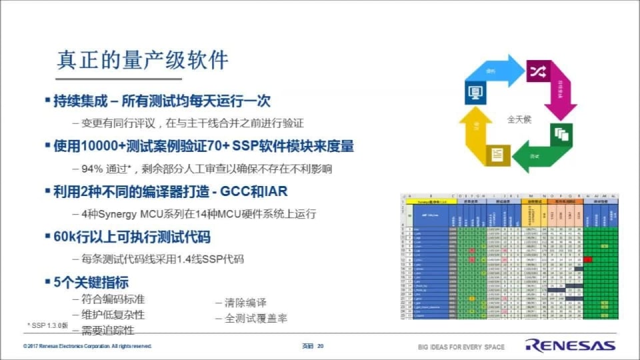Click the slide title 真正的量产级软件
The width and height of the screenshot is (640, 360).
click(x=143, y=60)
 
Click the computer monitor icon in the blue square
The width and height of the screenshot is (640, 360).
click(x=476, y=91)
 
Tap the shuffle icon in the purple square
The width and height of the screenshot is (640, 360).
click(x=537, y=70)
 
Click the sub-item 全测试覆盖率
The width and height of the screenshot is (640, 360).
click(x=257, y=319)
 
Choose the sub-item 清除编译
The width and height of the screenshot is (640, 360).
click(x=245, y=302)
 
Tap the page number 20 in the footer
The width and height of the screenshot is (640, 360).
click(x=320, y=347)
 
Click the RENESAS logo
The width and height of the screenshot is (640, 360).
click(x=570, y=345)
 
